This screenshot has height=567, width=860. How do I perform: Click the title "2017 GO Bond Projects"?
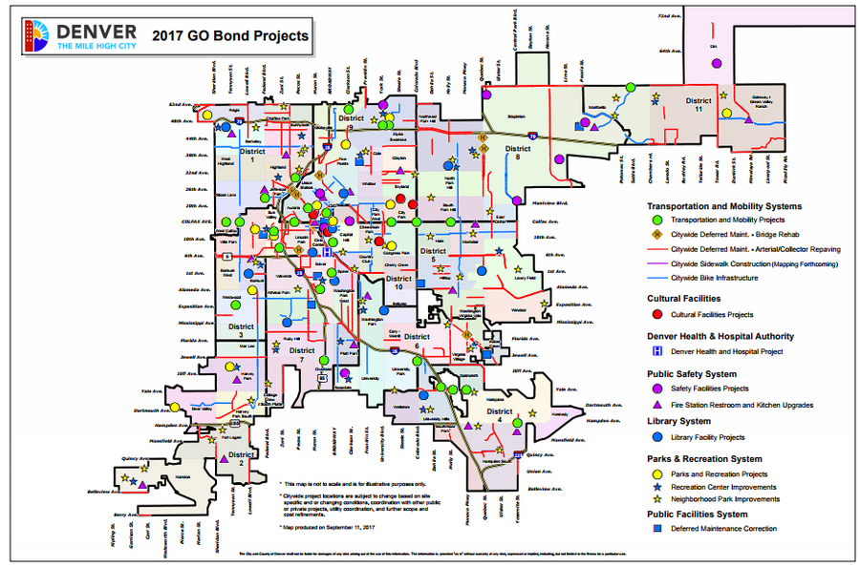230,36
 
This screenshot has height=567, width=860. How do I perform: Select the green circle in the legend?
657,220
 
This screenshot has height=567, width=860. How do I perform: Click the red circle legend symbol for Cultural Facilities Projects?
657,314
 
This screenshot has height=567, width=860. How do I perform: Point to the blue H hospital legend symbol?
657,351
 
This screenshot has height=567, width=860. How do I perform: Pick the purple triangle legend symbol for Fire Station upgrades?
657,405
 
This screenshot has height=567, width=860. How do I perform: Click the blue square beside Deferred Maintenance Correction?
657,528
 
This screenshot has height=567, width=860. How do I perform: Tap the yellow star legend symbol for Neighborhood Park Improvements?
657,499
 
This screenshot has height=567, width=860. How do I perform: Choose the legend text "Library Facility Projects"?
708,437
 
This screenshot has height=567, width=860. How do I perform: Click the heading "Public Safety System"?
692,374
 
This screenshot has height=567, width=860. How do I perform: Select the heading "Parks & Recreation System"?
704,458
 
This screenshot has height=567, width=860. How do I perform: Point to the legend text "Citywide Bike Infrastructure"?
715,278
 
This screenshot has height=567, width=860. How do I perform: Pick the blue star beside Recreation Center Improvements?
657,487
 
